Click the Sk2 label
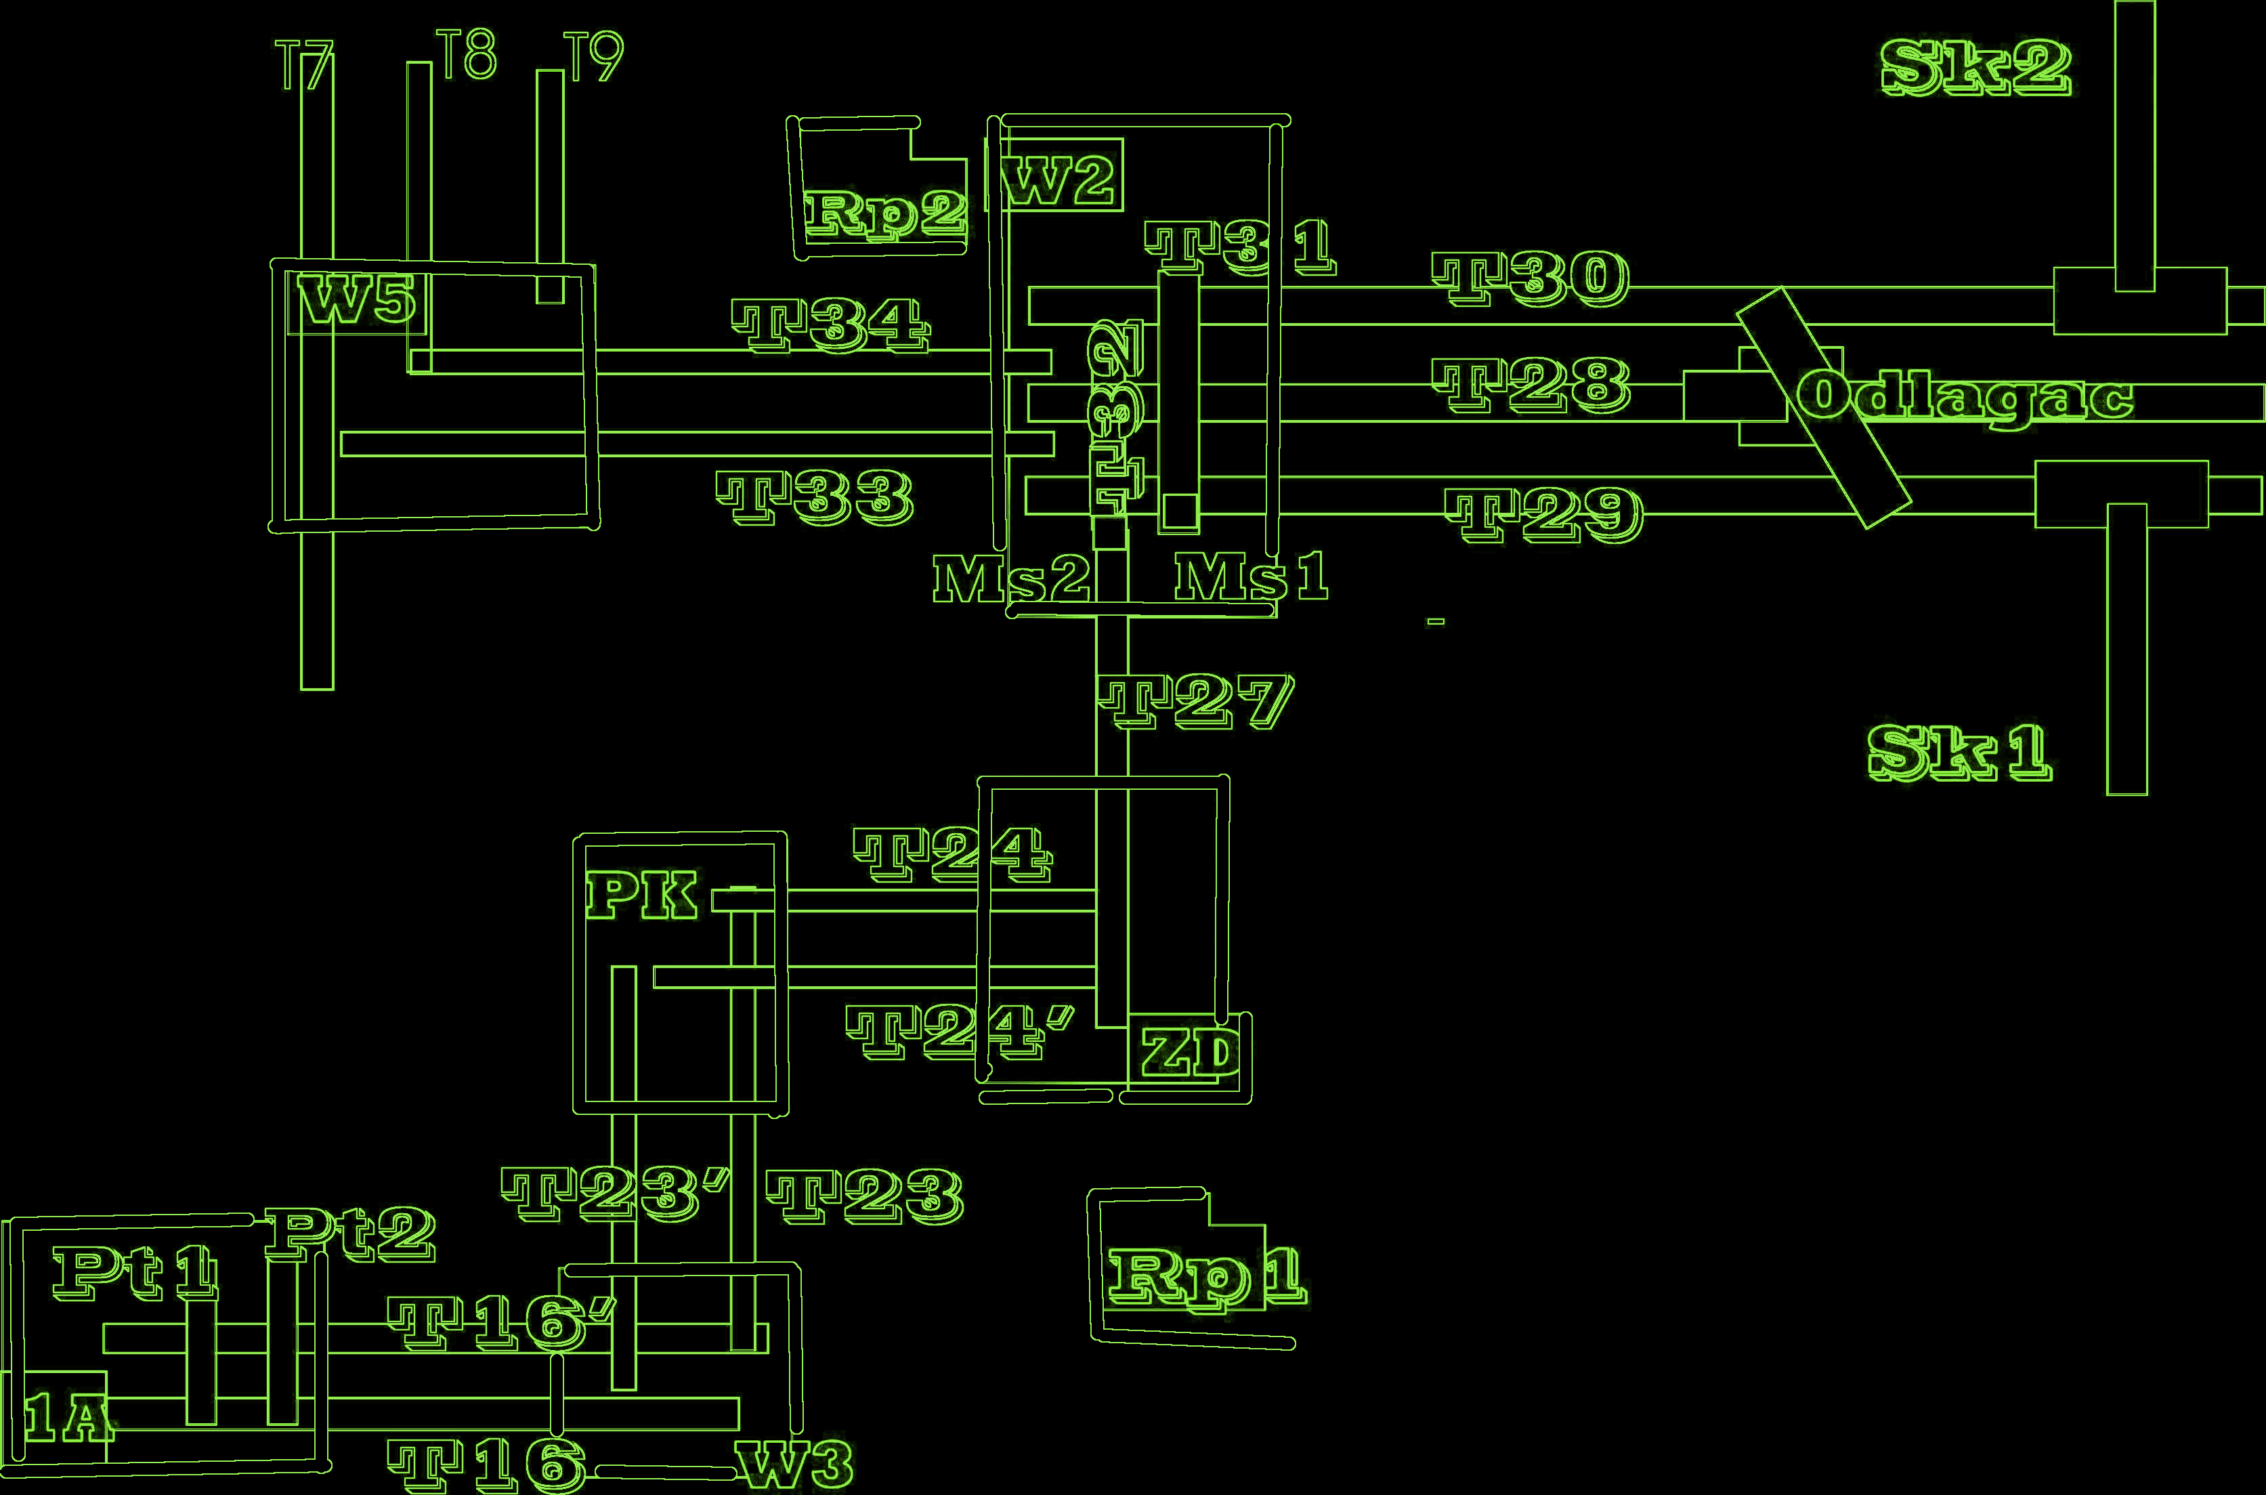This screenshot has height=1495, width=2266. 1976,68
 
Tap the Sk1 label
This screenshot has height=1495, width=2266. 1959,753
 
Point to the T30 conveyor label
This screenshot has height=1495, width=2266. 1531,278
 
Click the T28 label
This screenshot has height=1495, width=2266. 1532,385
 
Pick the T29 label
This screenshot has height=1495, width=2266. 1544,515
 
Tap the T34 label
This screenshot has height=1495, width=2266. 830,325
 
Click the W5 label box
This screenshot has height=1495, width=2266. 356,302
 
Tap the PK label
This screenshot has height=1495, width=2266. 641,896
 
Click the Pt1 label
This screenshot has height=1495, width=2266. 134,1273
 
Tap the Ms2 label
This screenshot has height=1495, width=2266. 1010,578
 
